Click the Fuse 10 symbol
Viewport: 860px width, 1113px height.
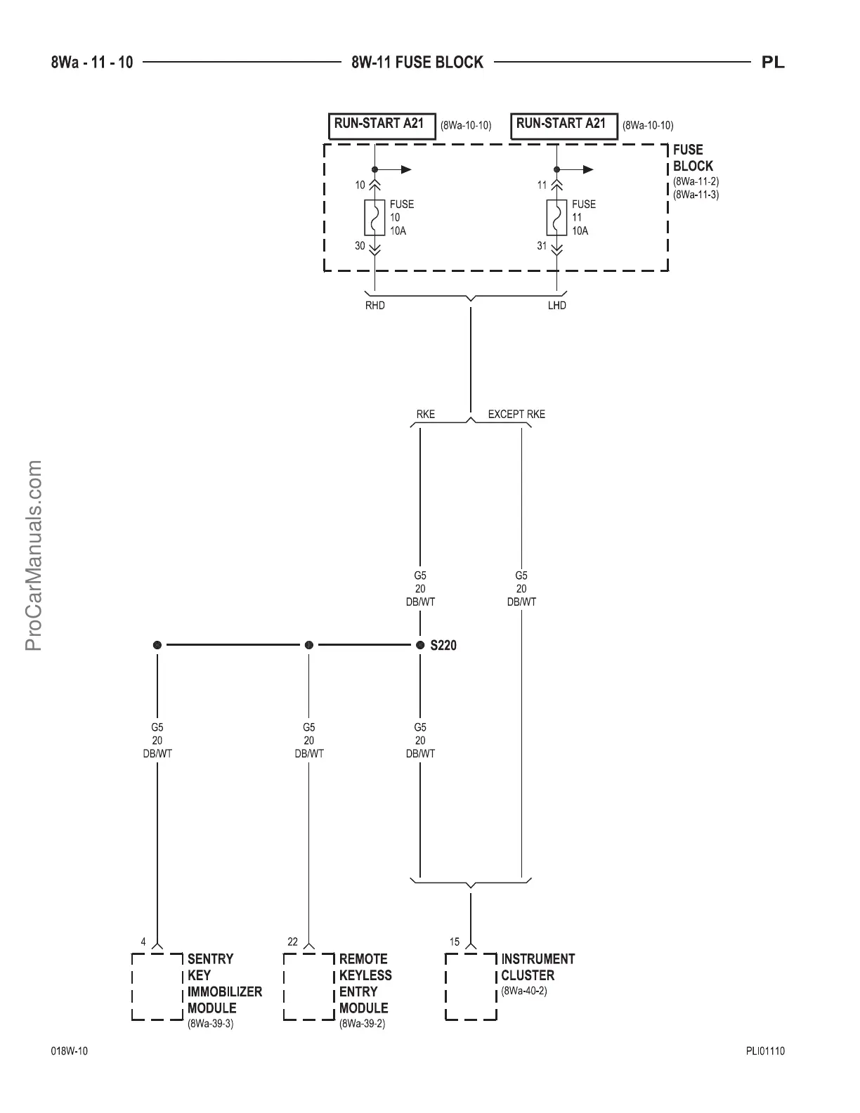375,217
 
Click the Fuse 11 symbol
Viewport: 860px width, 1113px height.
557,217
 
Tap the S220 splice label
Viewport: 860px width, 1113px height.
443,645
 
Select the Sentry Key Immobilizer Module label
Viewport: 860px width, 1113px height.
224,983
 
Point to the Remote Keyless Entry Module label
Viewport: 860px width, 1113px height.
365,983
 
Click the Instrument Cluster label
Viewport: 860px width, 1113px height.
537,967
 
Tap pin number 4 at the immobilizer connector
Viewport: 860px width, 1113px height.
143,942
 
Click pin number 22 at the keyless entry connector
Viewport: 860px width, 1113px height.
293,942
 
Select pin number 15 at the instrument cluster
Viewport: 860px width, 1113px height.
455,942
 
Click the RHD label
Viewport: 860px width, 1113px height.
375,306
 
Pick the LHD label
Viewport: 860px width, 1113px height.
557,306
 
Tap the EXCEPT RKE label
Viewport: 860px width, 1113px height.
516,414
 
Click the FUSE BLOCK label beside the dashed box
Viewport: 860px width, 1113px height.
693,158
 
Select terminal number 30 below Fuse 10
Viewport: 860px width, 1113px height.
360,246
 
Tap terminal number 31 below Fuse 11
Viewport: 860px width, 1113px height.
542,246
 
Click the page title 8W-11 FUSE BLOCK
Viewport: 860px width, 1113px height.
417,63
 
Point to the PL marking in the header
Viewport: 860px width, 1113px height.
773,63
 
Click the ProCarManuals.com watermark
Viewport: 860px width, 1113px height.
34,555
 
